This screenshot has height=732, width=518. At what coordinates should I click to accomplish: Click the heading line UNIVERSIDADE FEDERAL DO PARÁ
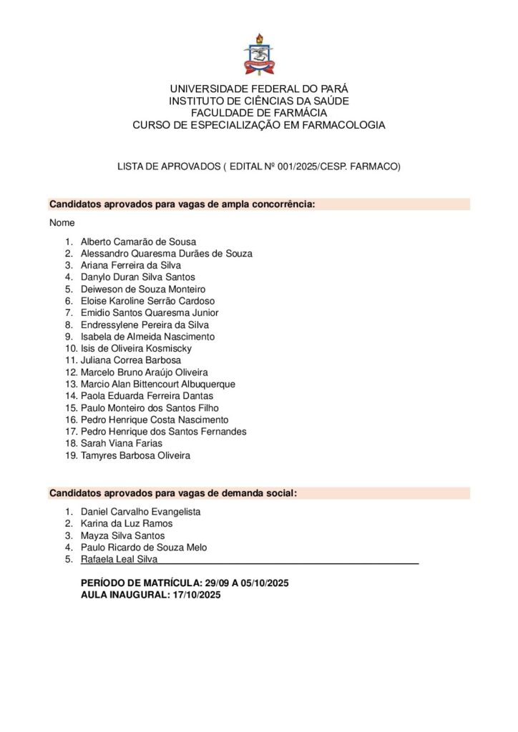[x=258, y=89]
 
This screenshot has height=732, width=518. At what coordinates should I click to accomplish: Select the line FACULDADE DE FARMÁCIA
[x=258, y=113]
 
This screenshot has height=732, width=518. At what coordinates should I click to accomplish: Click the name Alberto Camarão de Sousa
[x=138, y=242]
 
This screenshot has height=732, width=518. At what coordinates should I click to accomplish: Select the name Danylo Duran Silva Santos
[x=137, y=277]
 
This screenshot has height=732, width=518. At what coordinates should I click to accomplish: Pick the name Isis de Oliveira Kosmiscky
[x=136, y=348]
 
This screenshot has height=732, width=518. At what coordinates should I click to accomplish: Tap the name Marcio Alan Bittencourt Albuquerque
[x=158, y=384]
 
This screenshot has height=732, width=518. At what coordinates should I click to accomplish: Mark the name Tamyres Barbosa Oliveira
[x=136, y=455]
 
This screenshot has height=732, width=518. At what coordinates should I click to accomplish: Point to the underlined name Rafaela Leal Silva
[x=119, y=559]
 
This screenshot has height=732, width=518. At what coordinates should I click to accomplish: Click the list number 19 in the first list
[x=69, y=455]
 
